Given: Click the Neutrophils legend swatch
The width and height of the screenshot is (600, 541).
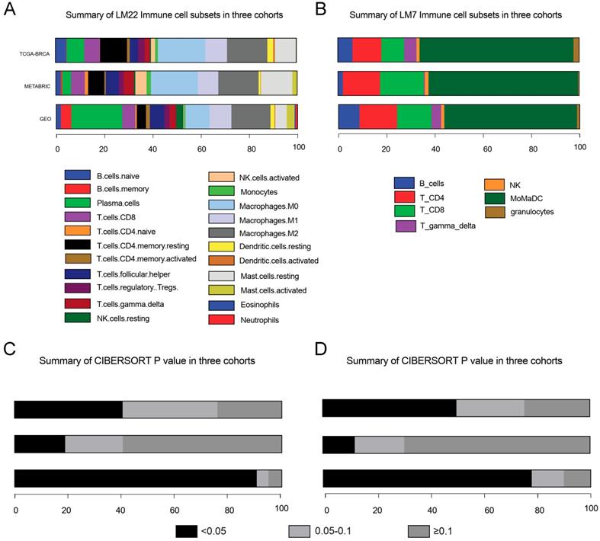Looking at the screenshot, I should pyautogui.click(x=220, y=320).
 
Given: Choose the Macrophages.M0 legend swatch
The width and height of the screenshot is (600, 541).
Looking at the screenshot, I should pyautogui.click(x=220, y=206).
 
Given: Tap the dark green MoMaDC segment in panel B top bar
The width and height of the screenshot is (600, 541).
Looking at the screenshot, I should pyautogui.click(x=496, y=49).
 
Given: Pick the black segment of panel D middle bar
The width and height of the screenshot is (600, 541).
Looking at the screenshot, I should pyautogui.click(x=339, y=444).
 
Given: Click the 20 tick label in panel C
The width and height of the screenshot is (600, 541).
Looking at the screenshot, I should pyautogui.click(x=68, y=507).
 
